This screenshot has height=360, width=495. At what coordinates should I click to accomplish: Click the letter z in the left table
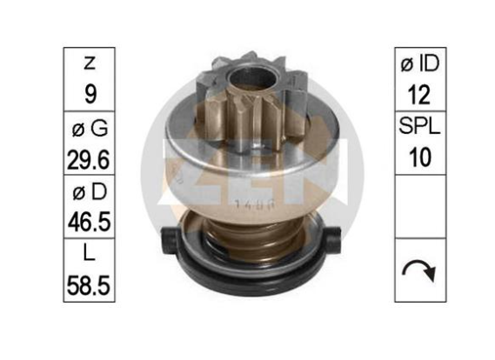pyautogui.click(x=90, y=63)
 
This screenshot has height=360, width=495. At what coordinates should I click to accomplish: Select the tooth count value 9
pyautogui.click(x=90, y=94)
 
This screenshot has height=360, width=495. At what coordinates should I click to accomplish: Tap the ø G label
pyautogui.click(x=90, y=128)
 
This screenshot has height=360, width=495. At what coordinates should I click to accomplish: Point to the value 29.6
pyautogui.click(x=89, y=160)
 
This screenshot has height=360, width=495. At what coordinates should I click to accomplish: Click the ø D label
pyautogui.click(x=90, y=192)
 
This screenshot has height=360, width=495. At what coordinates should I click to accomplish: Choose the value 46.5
pyautogui.click(x=89, y=222)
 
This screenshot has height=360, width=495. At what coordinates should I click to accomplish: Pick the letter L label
pyautogui.click(x=89, y=252)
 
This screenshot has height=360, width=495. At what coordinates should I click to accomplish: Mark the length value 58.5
pyautogui.click(x=89, y=285)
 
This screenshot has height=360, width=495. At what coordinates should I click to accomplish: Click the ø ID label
pyautogui.click(x=420, y=63)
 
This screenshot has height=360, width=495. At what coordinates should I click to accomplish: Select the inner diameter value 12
pyautogui.click(x=419, y=94)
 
